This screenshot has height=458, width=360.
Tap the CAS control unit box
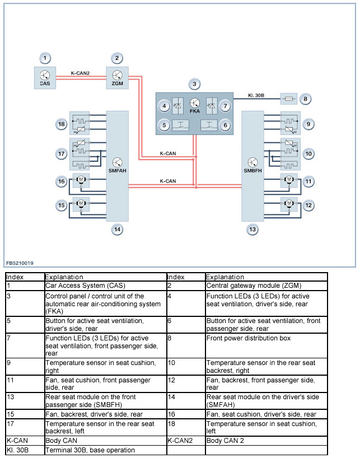(45, 77)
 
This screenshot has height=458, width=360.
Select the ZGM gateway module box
(117, 77)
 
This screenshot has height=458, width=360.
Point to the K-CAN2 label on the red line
(81, 72)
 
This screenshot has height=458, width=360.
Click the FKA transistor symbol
(195, 104)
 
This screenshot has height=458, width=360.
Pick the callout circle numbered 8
(305, 99)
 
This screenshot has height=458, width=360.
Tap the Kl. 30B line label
(257, 95)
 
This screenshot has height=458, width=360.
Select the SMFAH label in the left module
(117, 170)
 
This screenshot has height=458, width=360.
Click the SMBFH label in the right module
(253, 170)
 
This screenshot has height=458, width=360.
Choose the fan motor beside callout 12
(289, 204)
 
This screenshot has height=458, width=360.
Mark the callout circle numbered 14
(117, 229)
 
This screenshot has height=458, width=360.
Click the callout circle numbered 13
(253, 229)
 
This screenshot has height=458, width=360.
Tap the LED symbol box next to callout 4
(179, 106)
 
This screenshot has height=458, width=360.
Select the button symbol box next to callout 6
(210, 125)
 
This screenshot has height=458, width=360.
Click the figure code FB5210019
(20, 262)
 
